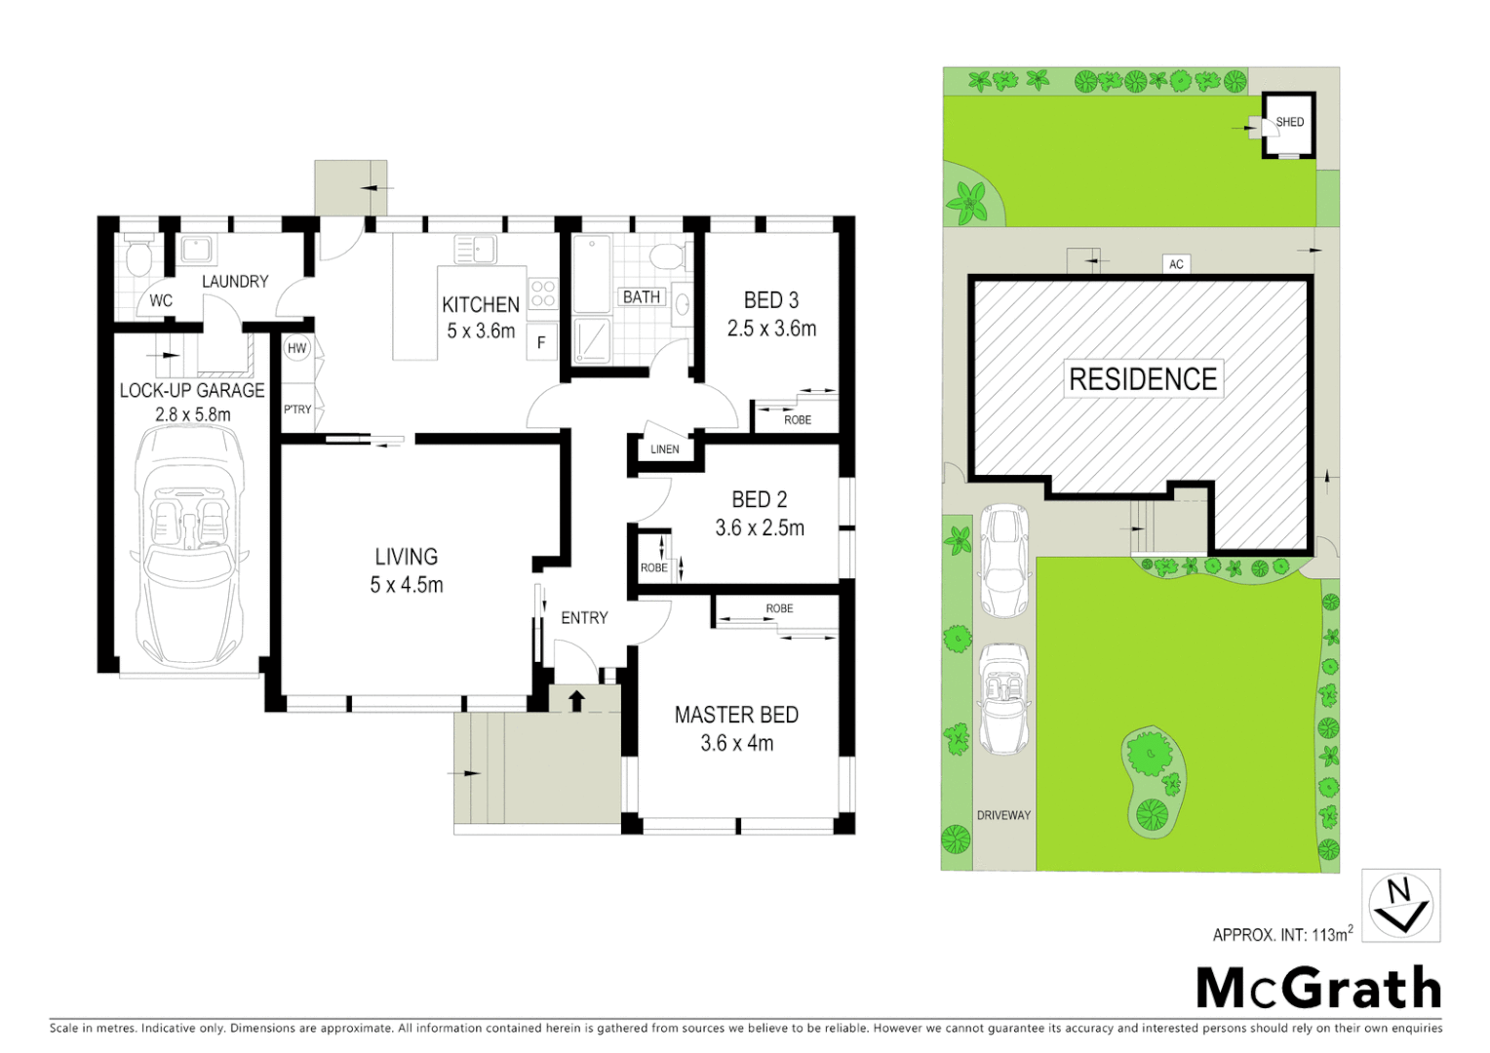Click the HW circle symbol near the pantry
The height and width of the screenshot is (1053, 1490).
[296, 348]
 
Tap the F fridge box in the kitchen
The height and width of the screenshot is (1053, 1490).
[541, 342]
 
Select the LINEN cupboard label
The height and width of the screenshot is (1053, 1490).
[665, 449]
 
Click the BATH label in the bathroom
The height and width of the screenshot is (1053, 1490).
[642, 296]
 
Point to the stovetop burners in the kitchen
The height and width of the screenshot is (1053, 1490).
[543, 293]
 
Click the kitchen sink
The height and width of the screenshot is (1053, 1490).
[476, 250]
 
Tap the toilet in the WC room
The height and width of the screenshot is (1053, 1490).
[139, 256]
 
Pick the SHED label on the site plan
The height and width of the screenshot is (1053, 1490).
[1289, 122]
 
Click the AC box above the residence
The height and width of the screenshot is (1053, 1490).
[1176, 264]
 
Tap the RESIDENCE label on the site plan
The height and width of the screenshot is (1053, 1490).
[1143, 379]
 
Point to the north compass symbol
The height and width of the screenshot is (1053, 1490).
[1400, 906]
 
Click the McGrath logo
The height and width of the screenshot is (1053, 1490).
[1318, 989]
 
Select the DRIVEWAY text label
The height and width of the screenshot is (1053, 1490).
[1003, 815]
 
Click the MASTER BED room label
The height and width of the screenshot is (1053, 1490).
[736, 715]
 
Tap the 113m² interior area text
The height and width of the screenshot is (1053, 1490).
[1332, 934]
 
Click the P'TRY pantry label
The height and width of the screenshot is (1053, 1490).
[297, 409]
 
